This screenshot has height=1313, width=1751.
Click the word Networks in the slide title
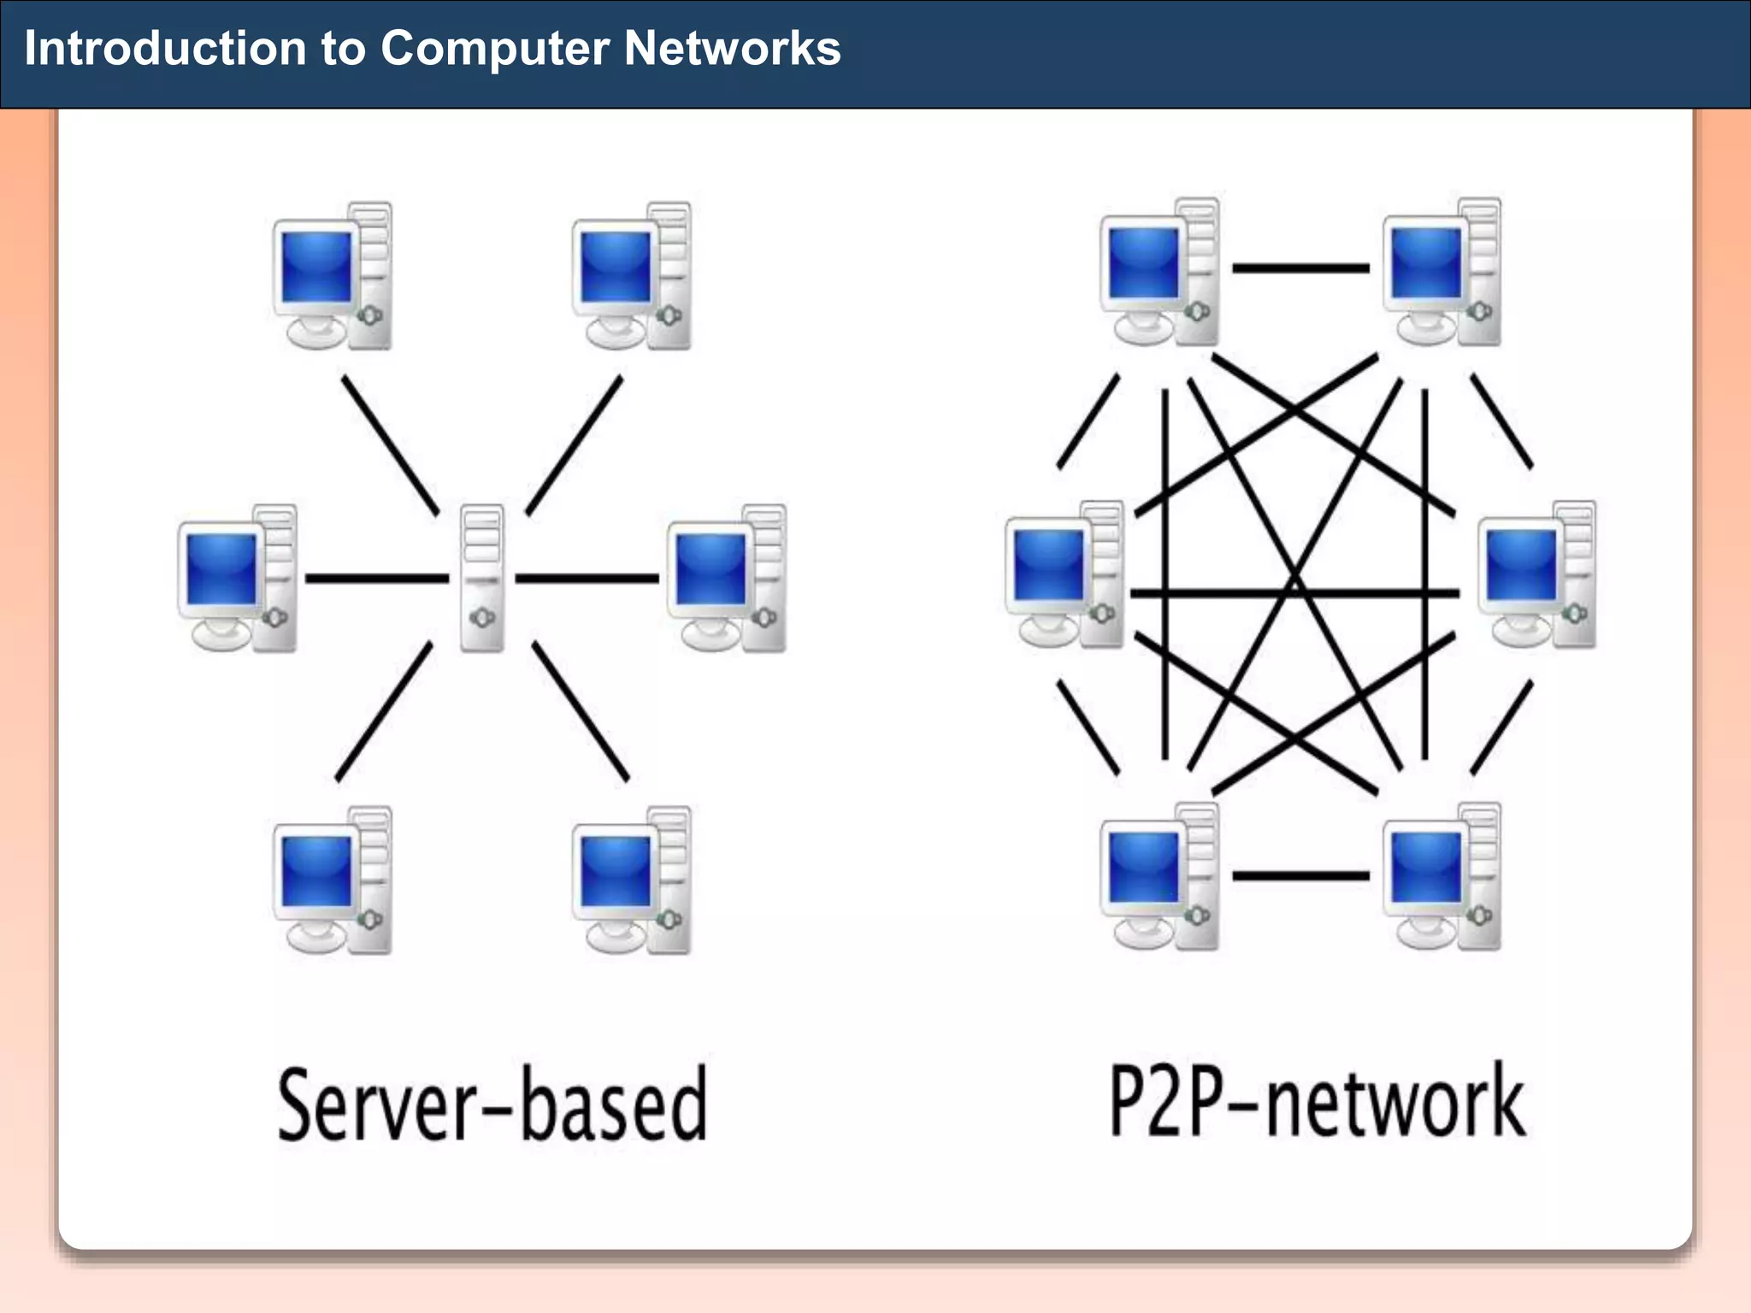pyautogui.click(x=732, y=48)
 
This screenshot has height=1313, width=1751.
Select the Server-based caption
pyautogui.click(x=492, y=1104)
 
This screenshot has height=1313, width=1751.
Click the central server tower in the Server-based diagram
pyautogui.click(x=482, y=578)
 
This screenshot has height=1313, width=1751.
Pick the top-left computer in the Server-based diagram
pyautogui.click(x=332, y=276)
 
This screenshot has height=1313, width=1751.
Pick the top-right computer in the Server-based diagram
pyautogui.click(x=631, y=276)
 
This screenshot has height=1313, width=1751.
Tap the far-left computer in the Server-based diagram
pyautogui.click(x=237, y=578)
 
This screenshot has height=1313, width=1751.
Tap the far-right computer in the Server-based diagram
pyautogui.click(x=727, y=578)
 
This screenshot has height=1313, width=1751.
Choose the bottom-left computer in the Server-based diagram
pyautogui.click(x=332, y=880)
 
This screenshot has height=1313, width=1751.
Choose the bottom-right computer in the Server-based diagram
pyautogui.click(x=631, y=880)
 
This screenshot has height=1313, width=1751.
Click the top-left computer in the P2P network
pyautogui.click(x=1159, y=272)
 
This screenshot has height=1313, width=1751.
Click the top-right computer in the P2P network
pyautogui.click(x=1442, y=272)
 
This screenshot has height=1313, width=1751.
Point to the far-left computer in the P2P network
pyautogui.click(x=1064, y=574)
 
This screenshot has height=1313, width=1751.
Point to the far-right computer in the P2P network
pyautogui.click(x=1537, y=574)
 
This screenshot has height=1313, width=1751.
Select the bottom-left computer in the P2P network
pyautogui.click(x=1159, y=876)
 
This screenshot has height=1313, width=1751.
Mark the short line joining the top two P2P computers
pyautogui.click(x=1300, y=268)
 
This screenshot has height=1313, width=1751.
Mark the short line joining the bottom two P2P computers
pyautogui.click(x=1300, y=875)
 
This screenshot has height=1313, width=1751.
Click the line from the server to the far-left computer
pyautogui.click(x=376, y=579)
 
